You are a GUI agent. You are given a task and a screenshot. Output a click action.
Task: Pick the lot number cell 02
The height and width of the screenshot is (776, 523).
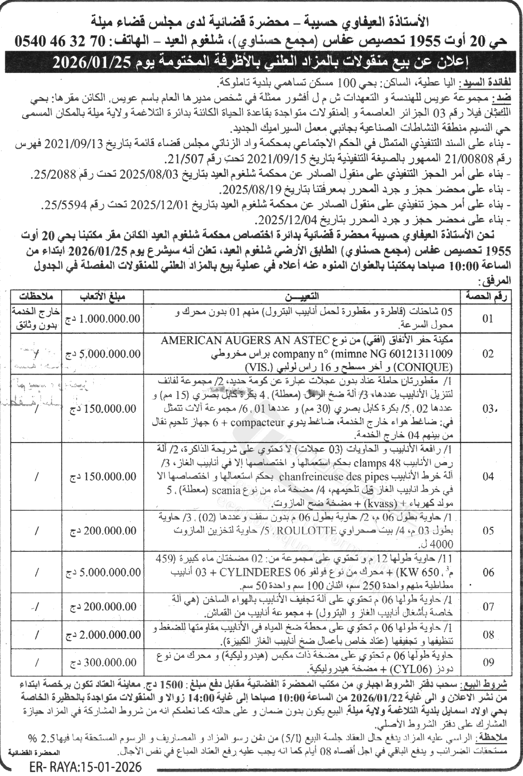(488, 354)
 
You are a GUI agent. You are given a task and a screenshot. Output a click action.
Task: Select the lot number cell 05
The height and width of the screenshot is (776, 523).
(488, 531)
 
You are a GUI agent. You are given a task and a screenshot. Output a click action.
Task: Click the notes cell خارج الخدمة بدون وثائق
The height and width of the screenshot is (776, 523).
(36, 318)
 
